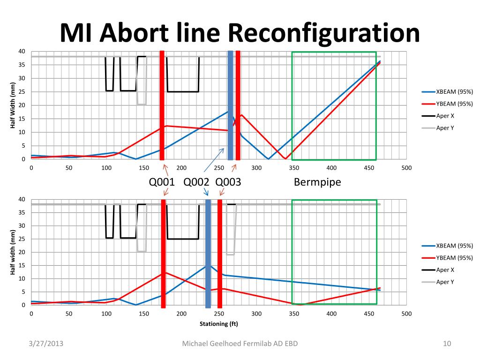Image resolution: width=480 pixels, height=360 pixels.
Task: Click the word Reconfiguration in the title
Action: [x=324, y=33]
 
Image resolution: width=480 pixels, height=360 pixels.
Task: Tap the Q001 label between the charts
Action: [x=162, y=182]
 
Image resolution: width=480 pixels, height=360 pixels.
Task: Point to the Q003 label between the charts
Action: [x=228, y=182]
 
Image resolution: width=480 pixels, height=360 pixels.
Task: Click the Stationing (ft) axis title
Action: [x=219, y=324]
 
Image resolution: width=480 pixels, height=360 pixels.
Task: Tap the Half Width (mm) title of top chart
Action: [x=13, y=105]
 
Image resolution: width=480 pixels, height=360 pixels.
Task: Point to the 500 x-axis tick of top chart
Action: [x=406, y=168]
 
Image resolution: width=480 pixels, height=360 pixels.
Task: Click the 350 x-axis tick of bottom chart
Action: [x=294, y=314]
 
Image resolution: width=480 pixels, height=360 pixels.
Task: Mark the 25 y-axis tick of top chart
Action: [x=22, y=92]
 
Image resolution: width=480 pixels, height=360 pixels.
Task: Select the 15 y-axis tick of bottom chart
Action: [x=22, y=265]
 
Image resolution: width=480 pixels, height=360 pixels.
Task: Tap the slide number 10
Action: [x=447, y=345]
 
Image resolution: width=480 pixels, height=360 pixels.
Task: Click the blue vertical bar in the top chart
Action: [x=230, y=105]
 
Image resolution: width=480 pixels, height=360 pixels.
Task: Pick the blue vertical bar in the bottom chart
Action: [x=208, y=253]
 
